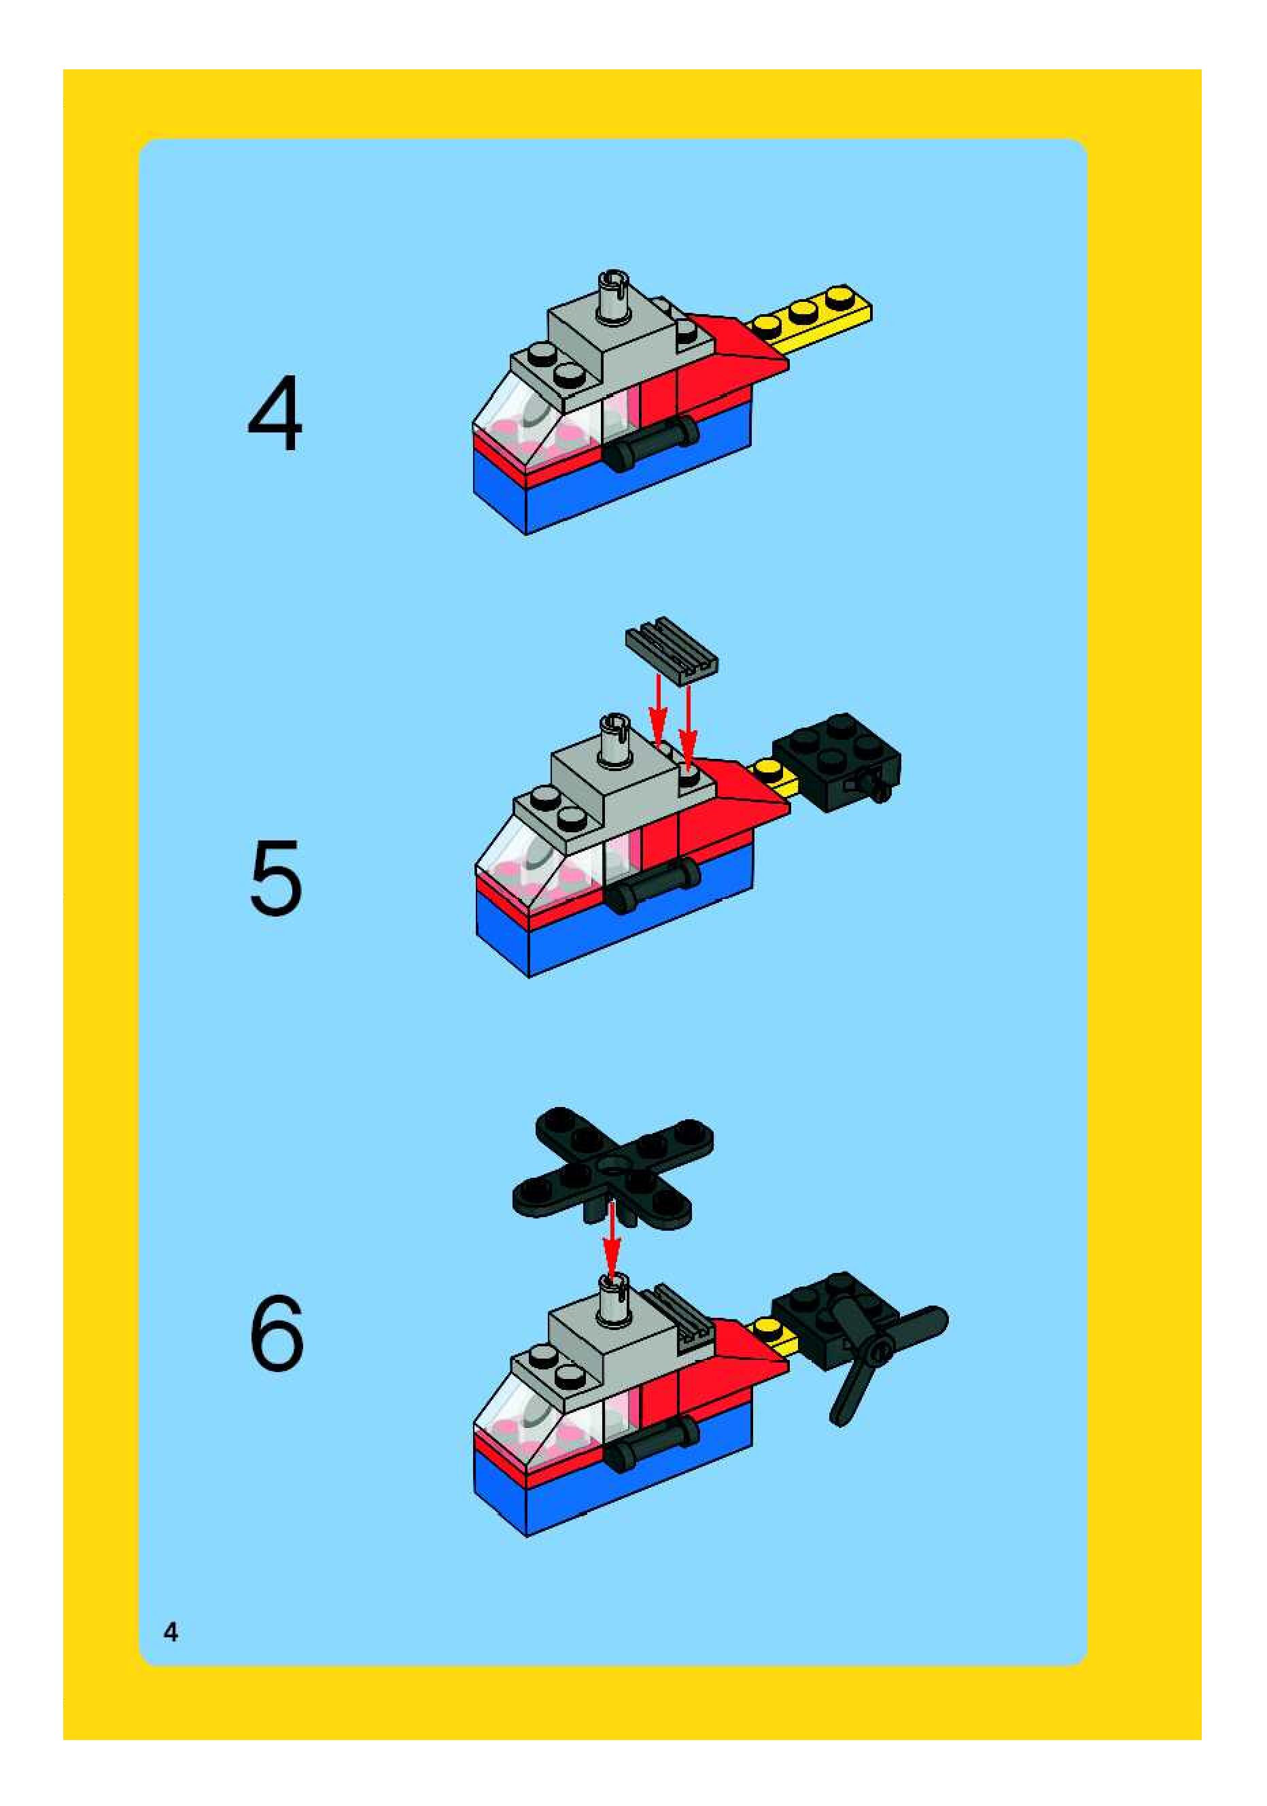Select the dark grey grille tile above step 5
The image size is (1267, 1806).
[672, 647]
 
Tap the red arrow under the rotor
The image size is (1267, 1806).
[611, 1242]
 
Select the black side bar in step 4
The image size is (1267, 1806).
[651, 443]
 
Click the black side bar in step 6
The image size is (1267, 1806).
[651, 1442]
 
